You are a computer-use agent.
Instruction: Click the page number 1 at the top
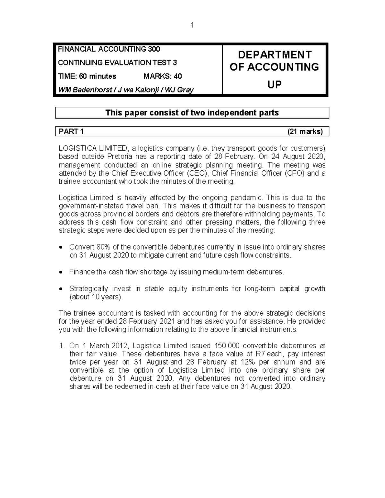click(x=192, y=25)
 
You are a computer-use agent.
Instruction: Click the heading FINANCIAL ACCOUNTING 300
click(x=109, y=49)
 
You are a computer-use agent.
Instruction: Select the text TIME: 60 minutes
click(x=87, y=76)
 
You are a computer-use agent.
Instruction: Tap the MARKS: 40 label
click(x=163, y=76)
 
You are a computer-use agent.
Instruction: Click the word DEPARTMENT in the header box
click(x=275, y=55)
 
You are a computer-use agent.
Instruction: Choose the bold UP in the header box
click(x=275, y=85)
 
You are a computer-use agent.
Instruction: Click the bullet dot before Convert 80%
click(x=62, y=248)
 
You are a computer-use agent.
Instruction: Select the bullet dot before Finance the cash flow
click(x=62, y=272)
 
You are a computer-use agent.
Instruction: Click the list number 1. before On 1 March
click(x=62, y=346)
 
